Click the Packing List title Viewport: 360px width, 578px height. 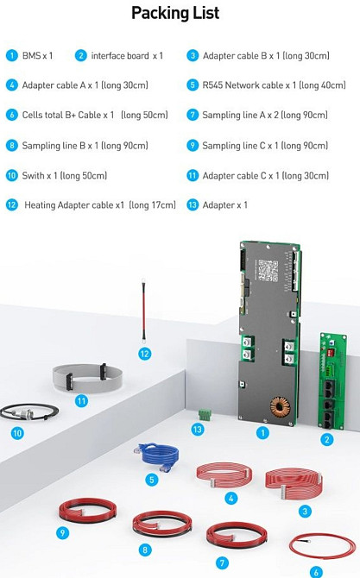175,13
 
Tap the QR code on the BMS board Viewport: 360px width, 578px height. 268,270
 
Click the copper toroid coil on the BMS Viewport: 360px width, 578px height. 280,406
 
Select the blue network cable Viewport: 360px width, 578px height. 157,456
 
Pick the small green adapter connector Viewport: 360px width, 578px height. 205,414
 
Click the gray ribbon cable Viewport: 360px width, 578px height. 88,377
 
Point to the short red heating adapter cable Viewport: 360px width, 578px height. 143,311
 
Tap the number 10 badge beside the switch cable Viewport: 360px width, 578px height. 17,433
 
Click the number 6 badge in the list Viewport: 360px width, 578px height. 12,115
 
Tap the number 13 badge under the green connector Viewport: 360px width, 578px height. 198,429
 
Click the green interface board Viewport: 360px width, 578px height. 332,380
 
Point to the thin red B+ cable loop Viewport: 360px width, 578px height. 322,546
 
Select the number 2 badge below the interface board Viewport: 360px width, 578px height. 327,439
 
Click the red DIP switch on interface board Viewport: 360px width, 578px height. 331,352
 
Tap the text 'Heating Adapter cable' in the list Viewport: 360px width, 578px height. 74,205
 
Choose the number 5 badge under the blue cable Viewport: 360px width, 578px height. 152,480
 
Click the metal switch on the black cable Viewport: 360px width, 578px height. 22,414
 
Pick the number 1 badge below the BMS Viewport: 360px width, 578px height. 262,432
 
